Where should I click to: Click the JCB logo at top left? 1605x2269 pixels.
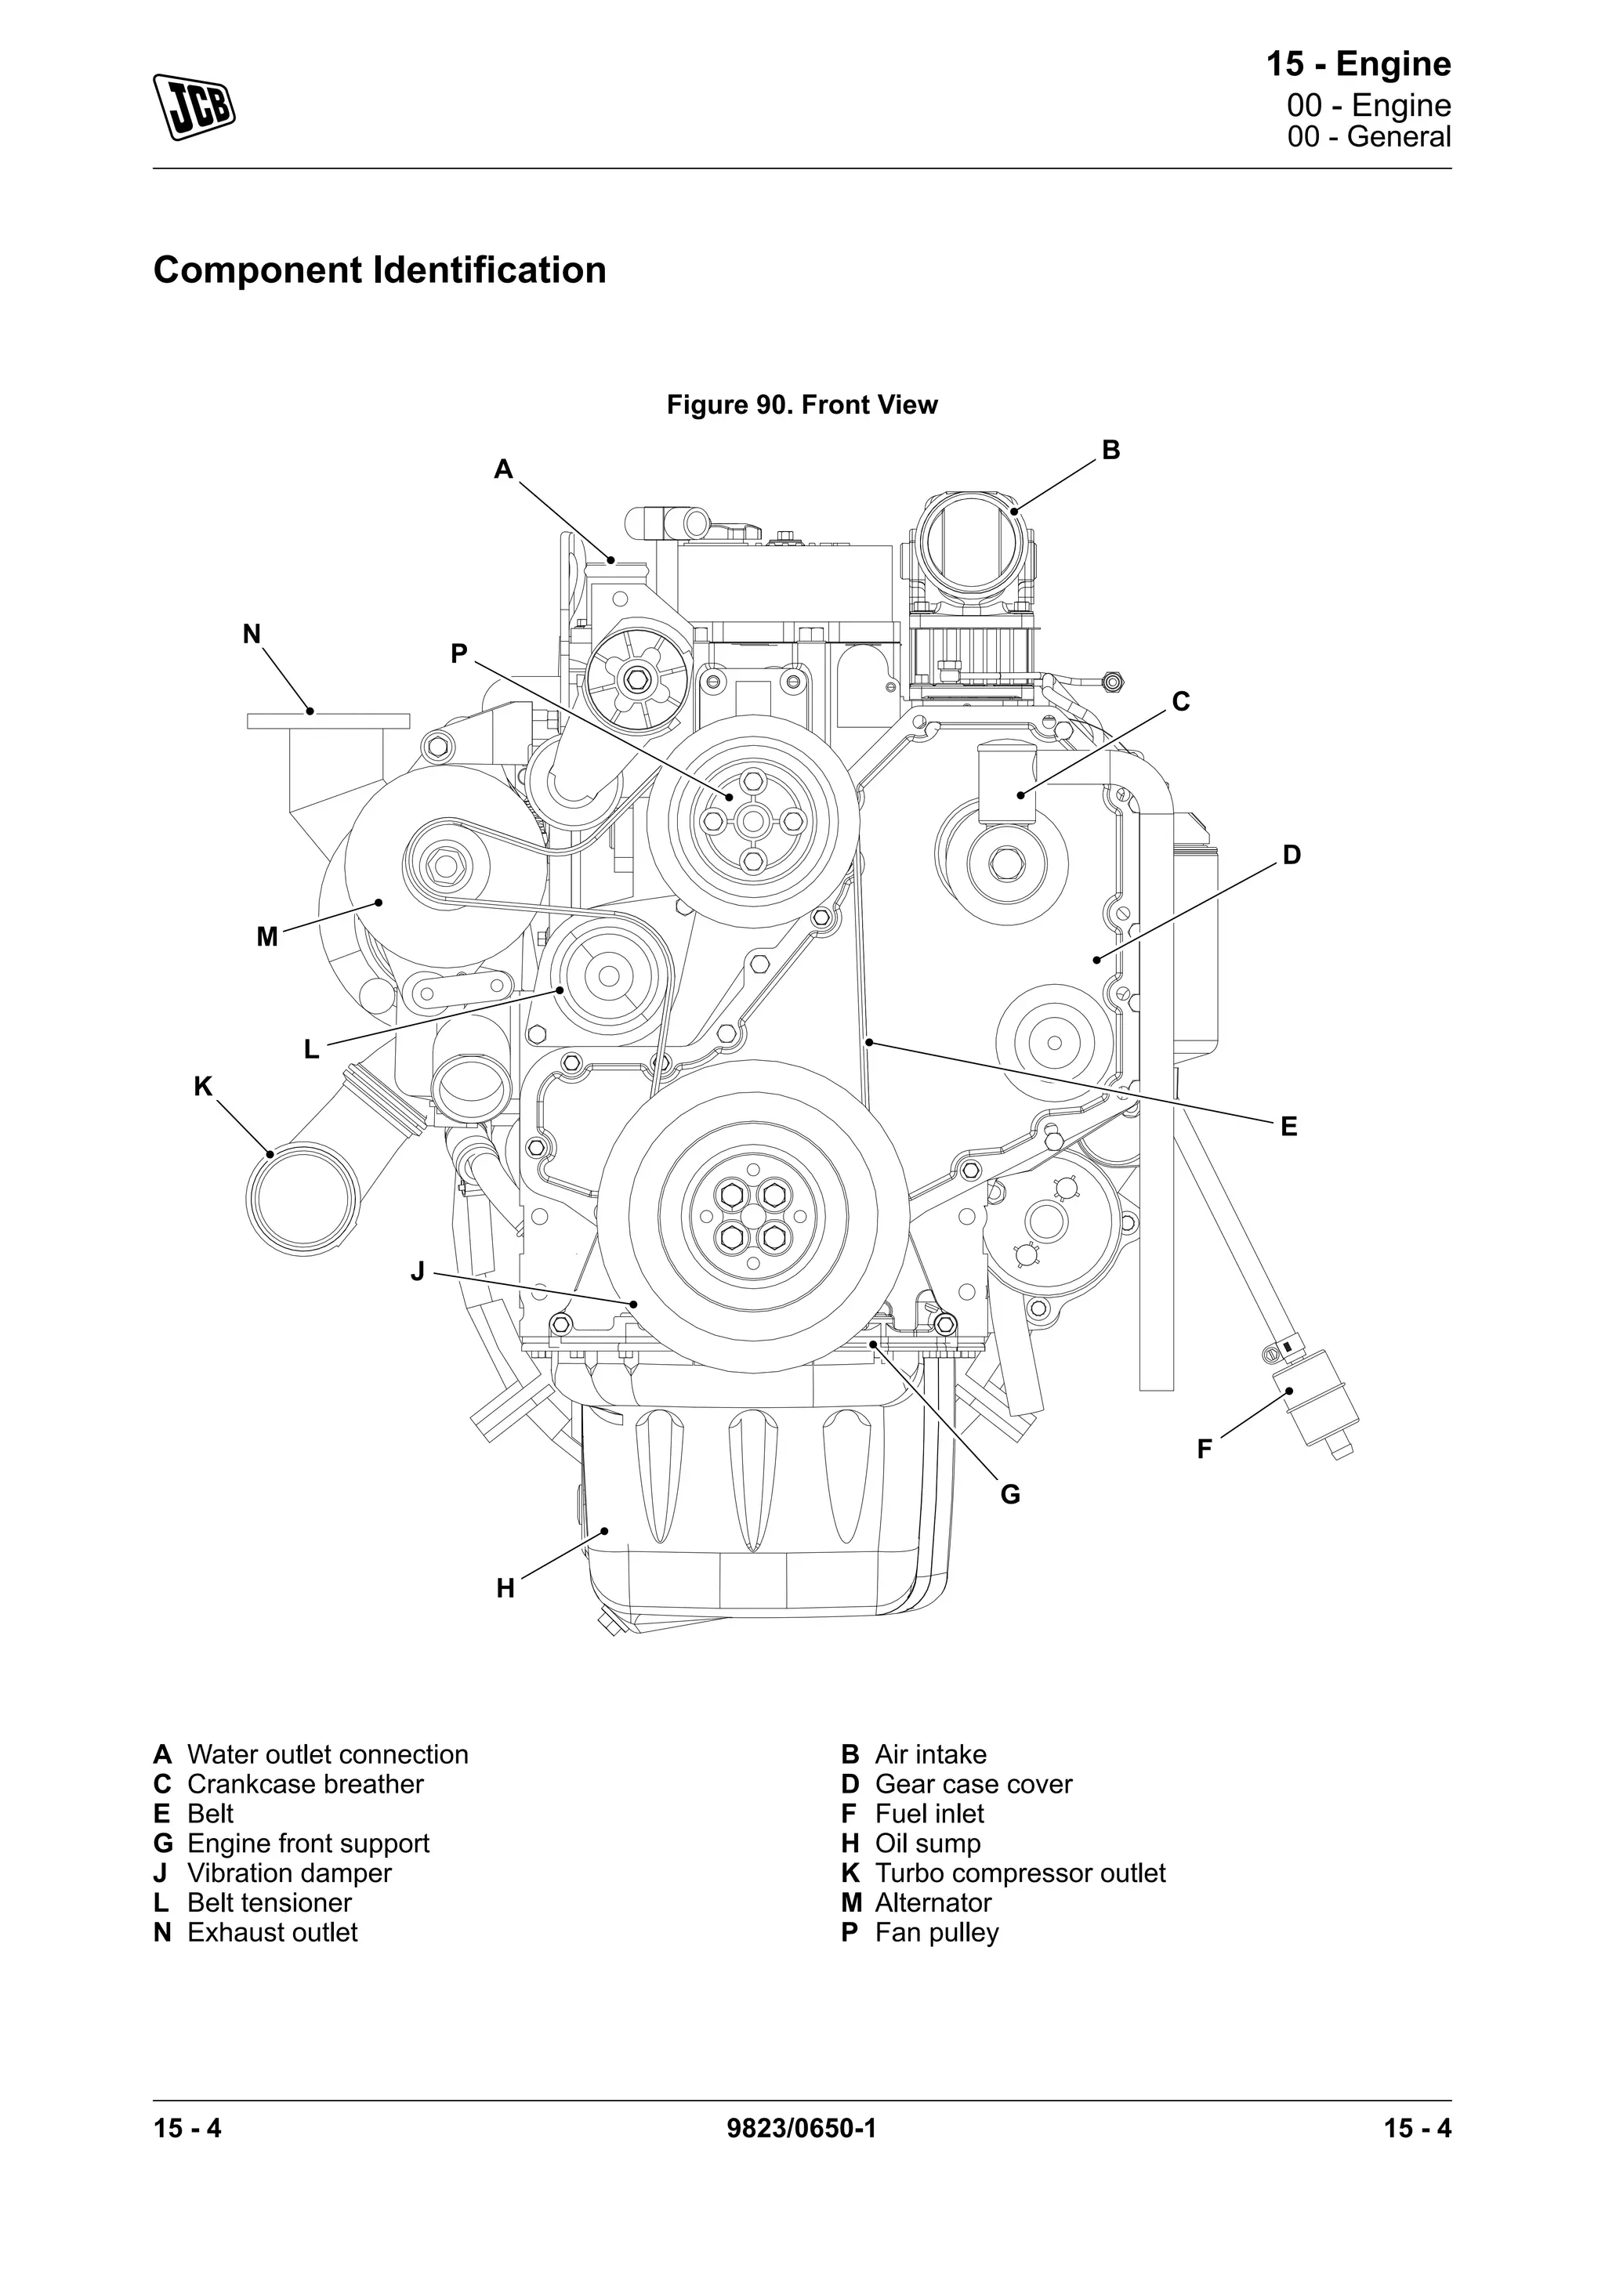tap(194, 106)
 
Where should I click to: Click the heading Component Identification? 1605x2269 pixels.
tap(379, 270)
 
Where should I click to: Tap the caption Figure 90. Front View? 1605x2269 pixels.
tap(802, 405)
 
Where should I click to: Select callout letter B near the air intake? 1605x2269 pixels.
tap(1110, 451)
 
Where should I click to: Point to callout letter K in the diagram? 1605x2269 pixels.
tap(203, 1087)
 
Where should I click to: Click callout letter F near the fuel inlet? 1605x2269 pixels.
tap(1204, 1449)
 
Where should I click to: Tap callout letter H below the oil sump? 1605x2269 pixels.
tap(505, 1589)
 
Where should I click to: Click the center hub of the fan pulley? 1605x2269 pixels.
tap(753, 820)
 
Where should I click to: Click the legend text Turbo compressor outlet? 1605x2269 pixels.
tap(1020, 1873)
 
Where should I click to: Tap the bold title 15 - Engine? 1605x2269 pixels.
tap(1358, 64)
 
